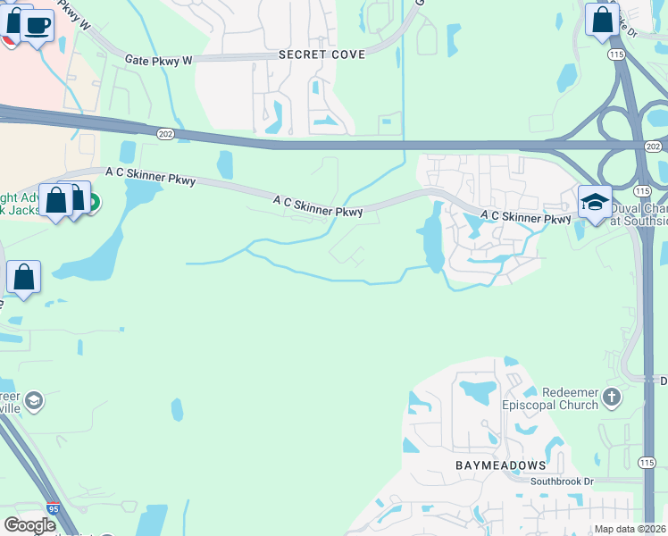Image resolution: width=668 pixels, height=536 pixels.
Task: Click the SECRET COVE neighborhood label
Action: pyautogui.click(x=321, y=54)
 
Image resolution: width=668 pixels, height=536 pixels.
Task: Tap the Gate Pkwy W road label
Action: pyautogui.click(x=159, y=61)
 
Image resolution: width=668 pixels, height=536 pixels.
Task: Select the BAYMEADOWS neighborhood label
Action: pyautogui.click(x=500, y=465)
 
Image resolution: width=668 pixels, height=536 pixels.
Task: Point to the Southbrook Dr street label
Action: pyautogui.click(x=562, y=482)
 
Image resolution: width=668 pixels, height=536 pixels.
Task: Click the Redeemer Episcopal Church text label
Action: pyautogui.click(x=561, y=399)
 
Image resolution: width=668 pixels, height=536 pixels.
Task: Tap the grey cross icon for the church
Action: pyautogui.click(x=612, y=395)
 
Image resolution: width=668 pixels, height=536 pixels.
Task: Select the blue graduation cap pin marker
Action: pyautogui.click(x=594, y=202)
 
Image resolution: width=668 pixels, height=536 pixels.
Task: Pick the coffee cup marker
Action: pyautogui.click(x=37, y=25)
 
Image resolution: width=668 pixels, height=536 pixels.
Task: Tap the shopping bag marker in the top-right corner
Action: pyautogui.click(x=602, y=19)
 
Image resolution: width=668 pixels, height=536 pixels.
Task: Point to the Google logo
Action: pyautogui.click(x=29, y=525)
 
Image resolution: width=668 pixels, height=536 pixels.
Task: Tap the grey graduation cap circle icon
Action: pyautogui.click(x=34, y=399)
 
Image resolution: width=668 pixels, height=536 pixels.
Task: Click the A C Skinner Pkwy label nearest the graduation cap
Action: pyautogui.click(x=525, y=217)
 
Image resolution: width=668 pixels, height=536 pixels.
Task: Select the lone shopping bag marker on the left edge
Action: pyautogui.click(x=23, y=277)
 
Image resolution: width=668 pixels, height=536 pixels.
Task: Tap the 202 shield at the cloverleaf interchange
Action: pyautogui.click(x=654, y=146)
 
